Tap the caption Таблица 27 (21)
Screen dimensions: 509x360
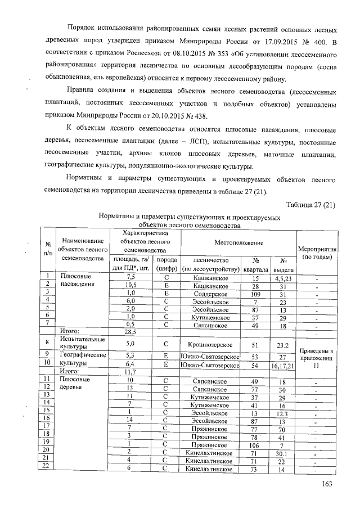click(x=312, y=204)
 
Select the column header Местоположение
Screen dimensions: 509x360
click(x=238, y=242)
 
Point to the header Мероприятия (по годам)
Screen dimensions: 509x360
click(x=318, y=252)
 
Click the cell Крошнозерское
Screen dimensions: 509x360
click(x=210, y=344)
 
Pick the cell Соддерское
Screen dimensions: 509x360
click(x=210, y=293)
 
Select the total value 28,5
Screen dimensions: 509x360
click(x=131, y=332)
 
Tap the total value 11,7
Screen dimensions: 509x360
click(x=131, y=371)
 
